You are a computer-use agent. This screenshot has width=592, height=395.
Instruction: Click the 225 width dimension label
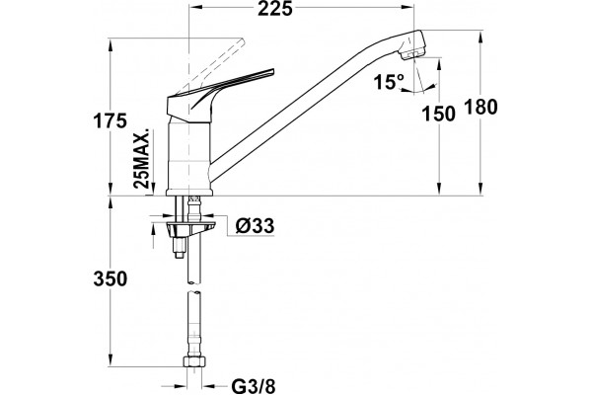[x=275, y=9]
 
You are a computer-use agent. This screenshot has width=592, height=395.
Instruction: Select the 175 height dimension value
[x=110, y=121]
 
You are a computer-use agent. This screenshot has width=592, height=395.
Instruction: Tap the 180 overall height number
[x=481, y=107]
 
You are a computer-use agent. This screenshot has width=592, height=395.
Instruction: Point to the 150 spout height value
[x=438, y=114]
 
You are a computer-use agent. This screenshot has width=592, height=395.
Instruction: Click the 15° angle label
[x=389, y=82]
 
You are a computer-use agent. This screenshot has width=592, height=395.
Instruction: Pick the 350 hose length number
[x=111, y=279]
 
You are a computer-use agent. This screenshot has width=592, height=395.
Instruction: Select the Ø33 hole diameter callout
[x=255, y=226]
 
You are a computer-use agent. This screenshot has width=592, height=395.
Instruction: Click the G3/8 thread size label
[x=254, y=386]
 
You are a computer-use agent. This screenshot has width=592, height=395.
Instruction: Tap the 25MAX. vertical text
[x=142, y=158]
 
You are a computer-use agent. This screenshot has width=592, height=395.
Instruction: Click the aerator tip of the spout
[x=414, y=55]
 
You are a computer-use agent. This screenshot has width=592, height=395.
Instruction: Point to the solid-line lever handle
[x=220, y=96]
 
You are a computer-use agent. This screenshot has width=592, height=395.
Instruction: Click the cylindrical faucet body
[x=188, y=156]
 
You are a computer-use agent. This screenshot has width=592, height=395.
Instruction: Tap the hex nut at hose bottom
[x=194, y=361]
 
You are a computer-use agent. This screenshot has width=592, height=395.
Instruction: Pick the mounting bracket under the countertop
[x=191, y=227]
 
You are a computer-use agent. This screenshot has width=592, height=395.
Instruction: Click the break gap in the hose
[x=194, y=287]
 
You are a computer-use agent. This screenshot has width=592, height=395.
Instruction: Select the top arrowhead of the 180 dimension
[x=481, y=38]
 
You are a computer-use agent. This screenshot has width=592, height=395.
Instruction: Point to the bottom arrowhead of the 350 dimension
[x=111, y=360]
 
